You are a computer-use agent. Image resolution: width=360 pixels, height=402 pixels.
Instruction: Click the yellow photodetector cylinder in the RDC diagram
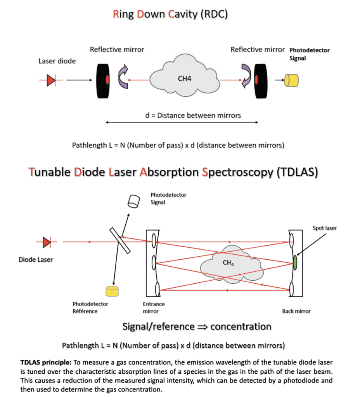tap(292, 80)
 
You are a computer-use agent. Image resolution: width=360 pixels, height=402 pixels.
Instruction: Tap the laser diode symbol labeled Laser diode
tap(51, 80)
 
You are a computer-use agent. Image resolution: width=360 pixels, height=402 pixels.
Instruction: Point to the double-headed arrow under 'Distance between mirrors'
tap(182, 122)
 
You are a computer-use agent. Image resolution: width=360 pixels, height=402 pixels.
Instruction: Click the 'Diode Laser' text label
tap(36, 259)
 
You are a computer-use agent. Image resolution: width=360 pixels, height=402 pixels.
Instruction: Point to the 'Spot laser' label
tap(325, 228)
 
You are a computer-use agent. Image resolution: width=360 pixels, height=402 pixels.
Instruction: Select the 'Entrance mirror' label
tap(154, 307)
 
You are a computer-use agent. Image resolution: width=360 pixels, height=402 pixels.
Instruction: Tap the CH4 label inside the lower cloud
tap(228, 263)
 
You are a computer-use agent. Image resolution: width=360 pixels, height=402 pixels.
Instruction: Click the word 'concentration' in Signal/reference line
tap(241, 326)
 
